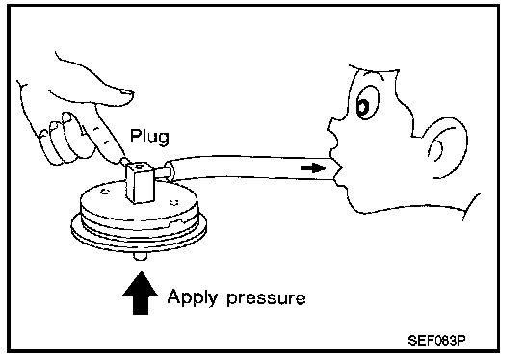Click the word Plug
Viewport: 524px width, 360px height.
(149, 137)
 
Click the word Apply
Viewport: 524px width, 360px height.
(193, 297)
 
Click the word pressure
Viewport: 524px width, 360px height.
(266, 298)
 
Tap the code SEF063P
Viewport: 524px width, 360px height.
(436, 341)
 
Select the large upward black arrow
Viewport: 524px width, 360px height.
(141, 294)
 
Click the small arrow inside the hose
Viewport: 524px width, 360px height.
(312, 167)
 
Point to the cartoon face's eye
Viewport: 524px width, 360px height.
(366, 103)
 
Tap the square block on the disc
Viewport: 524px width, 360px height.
(140, 182)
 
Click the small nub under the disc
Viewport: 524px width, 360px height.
(141, 256)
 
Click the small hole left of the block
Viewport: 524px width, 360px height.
(105, 191)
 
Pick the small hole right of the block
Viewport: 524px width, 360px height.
(173, 202)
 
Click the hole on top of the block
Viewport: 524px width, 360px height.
(139, 166)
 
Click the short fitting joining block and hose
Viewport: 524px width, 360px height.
(160, 171)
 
